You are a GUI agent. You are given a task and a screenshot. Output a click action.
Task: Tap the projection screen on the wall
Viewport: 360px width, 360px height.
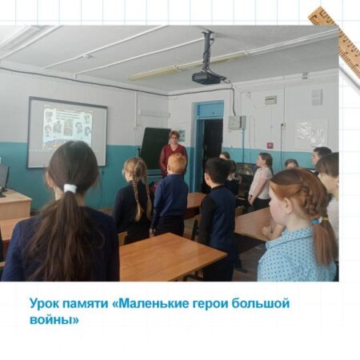point(67,133)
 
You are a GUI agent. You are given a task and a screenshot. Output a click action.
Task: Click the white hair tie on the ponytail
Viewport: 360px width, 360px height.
point(70,188)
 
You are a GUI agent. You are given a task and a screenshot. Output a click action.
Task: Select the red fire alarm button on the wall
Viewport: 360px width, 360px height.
point(270,146)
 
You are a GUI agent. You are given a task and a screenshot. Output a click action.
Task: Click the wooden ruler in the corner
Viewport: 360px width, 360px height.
point(334,38)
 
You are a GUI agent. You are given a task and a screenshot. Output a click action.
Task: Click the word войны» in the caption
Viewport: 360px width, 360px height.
point(54,319)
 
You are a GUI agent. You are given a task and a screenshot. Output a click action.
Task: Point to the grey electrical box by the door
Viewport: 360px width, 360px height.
point(237,122)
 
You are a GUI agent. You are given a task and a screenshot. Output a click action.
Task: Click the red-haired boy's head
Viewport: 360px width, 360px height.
point(176,162)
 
